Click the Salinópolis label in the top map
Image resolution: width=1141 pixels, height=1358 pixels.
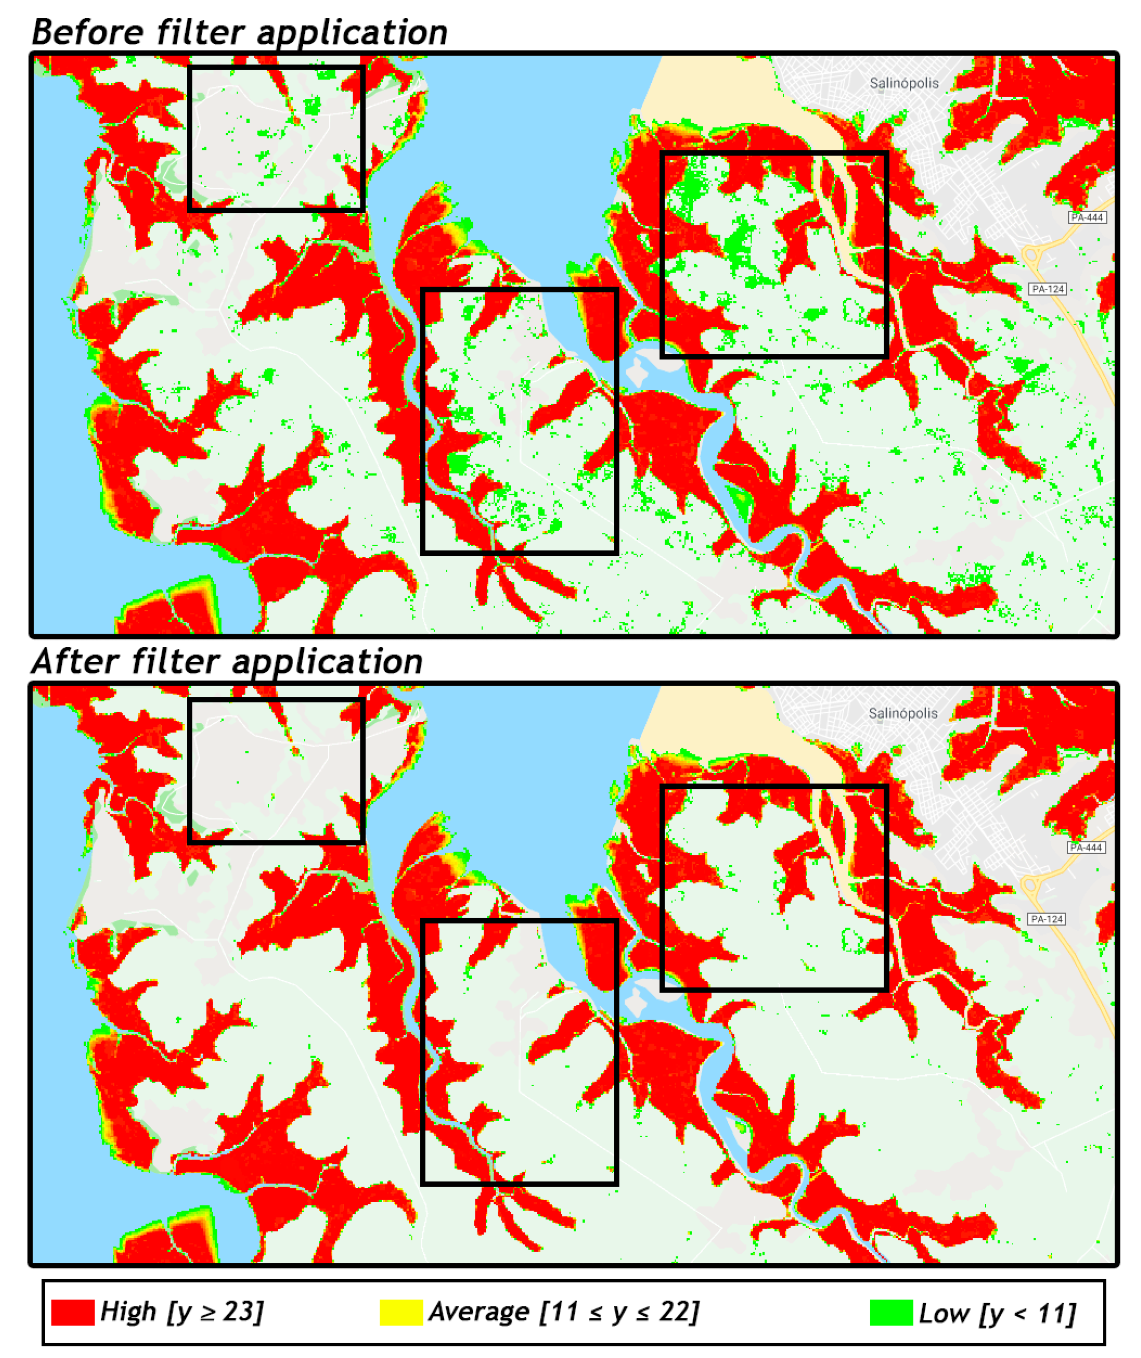[904, 83]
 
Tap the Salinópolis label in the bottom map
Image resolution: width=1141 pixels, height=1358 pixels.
[902, 714]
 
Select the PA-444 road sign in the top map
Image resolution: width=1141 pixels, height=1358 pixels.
[1087, 217]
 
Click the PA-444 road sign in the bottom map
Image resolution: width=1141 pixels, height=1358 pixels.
[1086, 847]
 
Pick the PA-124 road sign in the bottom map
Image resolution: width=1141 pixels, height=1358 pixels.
[1046, 919]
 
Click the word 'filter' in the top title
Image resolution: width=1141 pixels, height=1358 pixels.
[201, 33]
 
